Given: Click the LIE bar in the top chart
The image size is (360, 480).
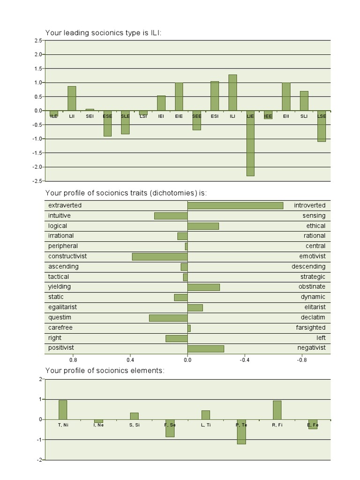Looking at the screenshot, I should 250,143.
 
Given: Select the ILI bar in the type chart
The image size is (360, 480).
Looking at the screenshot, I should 232,92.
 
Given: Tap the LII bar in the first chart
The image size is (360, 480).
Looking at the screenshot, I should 72,98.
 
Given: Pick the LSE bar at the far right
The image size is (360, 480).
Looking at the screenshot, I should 322,126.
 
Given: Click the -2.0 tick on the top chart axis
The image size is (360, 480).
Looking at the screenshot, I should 37,167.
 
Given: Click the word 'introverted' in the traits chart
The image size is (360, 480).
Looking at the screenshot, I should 309,205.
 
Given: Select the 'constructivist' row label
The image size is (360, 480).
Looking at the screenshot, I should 67,256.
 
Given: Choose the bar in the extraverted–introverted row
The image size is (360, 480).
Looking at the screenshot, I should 235,205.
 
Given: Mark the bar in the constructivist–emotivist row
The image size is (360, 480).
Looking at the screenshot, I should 160,256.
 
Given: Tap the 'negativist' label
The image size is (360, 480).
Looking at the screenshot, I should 311,348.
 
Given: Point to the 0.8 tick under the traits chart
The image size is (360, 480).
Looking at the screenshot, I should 73,360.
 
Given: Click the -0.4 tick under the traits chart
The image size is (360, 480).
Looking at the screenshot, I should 245,360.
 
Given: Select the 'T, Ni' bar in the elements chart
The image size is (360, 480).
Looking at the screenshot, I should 63,410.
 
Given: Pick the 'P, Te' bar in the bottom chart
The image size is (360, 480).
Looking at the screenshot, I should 241,432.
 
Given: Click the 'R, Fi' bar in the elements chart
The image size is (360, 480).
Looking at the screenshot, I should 277,410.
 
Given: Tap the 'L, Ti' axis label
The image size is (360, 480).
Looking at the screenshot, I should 205,425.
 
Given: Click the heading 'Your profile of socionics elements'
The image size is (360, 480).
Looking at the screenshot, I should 105,370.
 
